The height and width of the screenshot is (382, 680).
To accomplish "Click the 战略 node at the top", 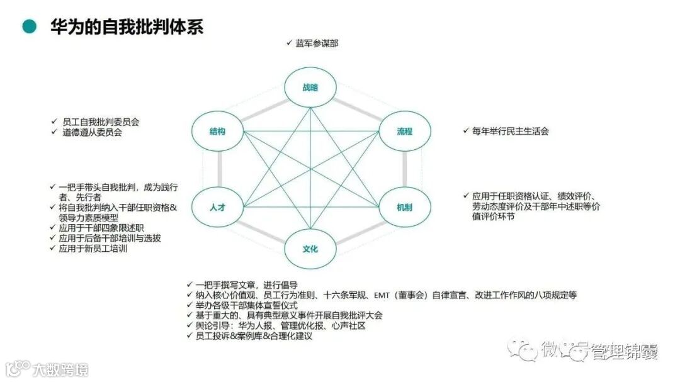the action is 310,87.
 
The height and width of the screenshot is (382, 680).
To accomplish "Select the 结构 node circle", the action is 218,132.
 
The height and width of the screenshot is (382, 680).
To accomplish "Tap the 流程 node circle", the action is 404,132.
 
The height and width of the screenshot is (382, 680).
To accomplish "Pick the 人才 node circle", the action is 218,207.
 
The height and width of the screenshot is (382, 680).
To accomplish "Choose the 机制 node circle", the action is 404,207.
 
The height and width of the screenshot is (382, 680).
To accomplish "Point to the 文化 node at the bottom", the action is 310,249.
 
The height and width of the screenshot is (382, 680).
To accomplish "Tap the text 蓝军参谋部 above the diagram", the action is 317,43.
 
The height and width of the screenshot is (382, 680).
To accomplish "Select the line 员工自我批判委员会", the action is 101,121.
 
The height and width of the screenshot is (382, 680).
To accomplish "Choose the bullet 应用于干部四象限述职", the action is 101,228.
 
